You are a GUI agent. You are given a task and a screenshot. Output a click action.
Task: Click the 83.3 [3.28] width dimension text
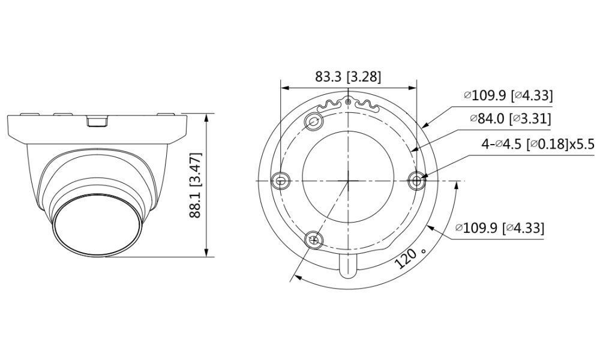tap(349, 77)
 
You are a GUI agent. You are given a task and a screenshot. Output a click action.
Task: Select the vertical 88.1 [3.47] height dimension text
tap(196, 185)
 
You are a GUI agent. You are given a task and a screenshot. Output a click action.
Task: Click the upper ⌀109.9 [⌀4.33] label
tap(508, 95)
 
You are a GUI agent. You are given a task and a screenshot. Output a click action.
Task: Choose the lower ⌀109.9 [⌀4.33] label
tap(500, 228)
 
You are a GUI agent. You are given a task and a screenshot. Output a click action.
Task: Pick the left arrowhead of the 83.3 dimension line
tap(284, 87)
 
